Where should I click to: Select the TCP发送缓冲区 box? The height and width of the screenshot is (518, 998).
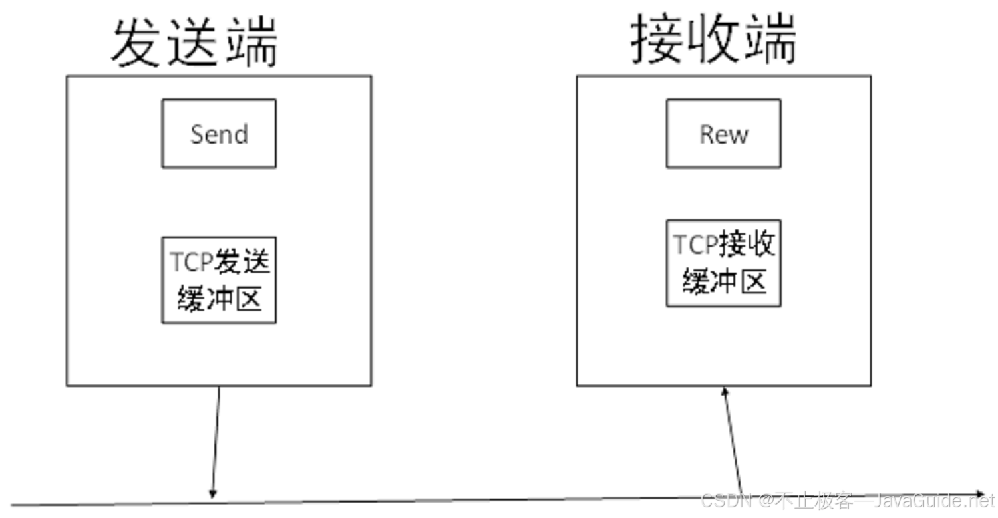[x=218, y=280]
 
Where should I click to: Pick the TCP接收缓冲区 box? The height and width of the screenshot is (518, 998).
[x=723, y=263]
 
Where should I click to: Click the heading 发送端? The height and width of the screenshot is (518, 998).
[x=194, y=42]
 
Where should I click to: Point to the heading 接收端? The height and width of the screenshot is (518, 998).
[x=713, y=40]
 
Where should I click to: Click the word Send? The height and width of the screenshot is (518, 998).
[x=219, y=134]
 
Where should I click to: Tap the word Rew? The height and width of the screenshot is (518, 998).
[x=724, y=134]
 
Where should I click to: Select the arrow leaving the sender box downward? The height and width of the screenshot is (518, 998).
[x=216, y=442]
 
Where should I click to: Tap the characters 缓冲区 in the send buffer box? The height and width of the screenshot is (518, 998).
[x=219, y=299]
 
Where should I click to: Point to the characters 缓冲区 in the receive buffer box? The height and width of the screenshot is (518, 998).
[x=724, y=283]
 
